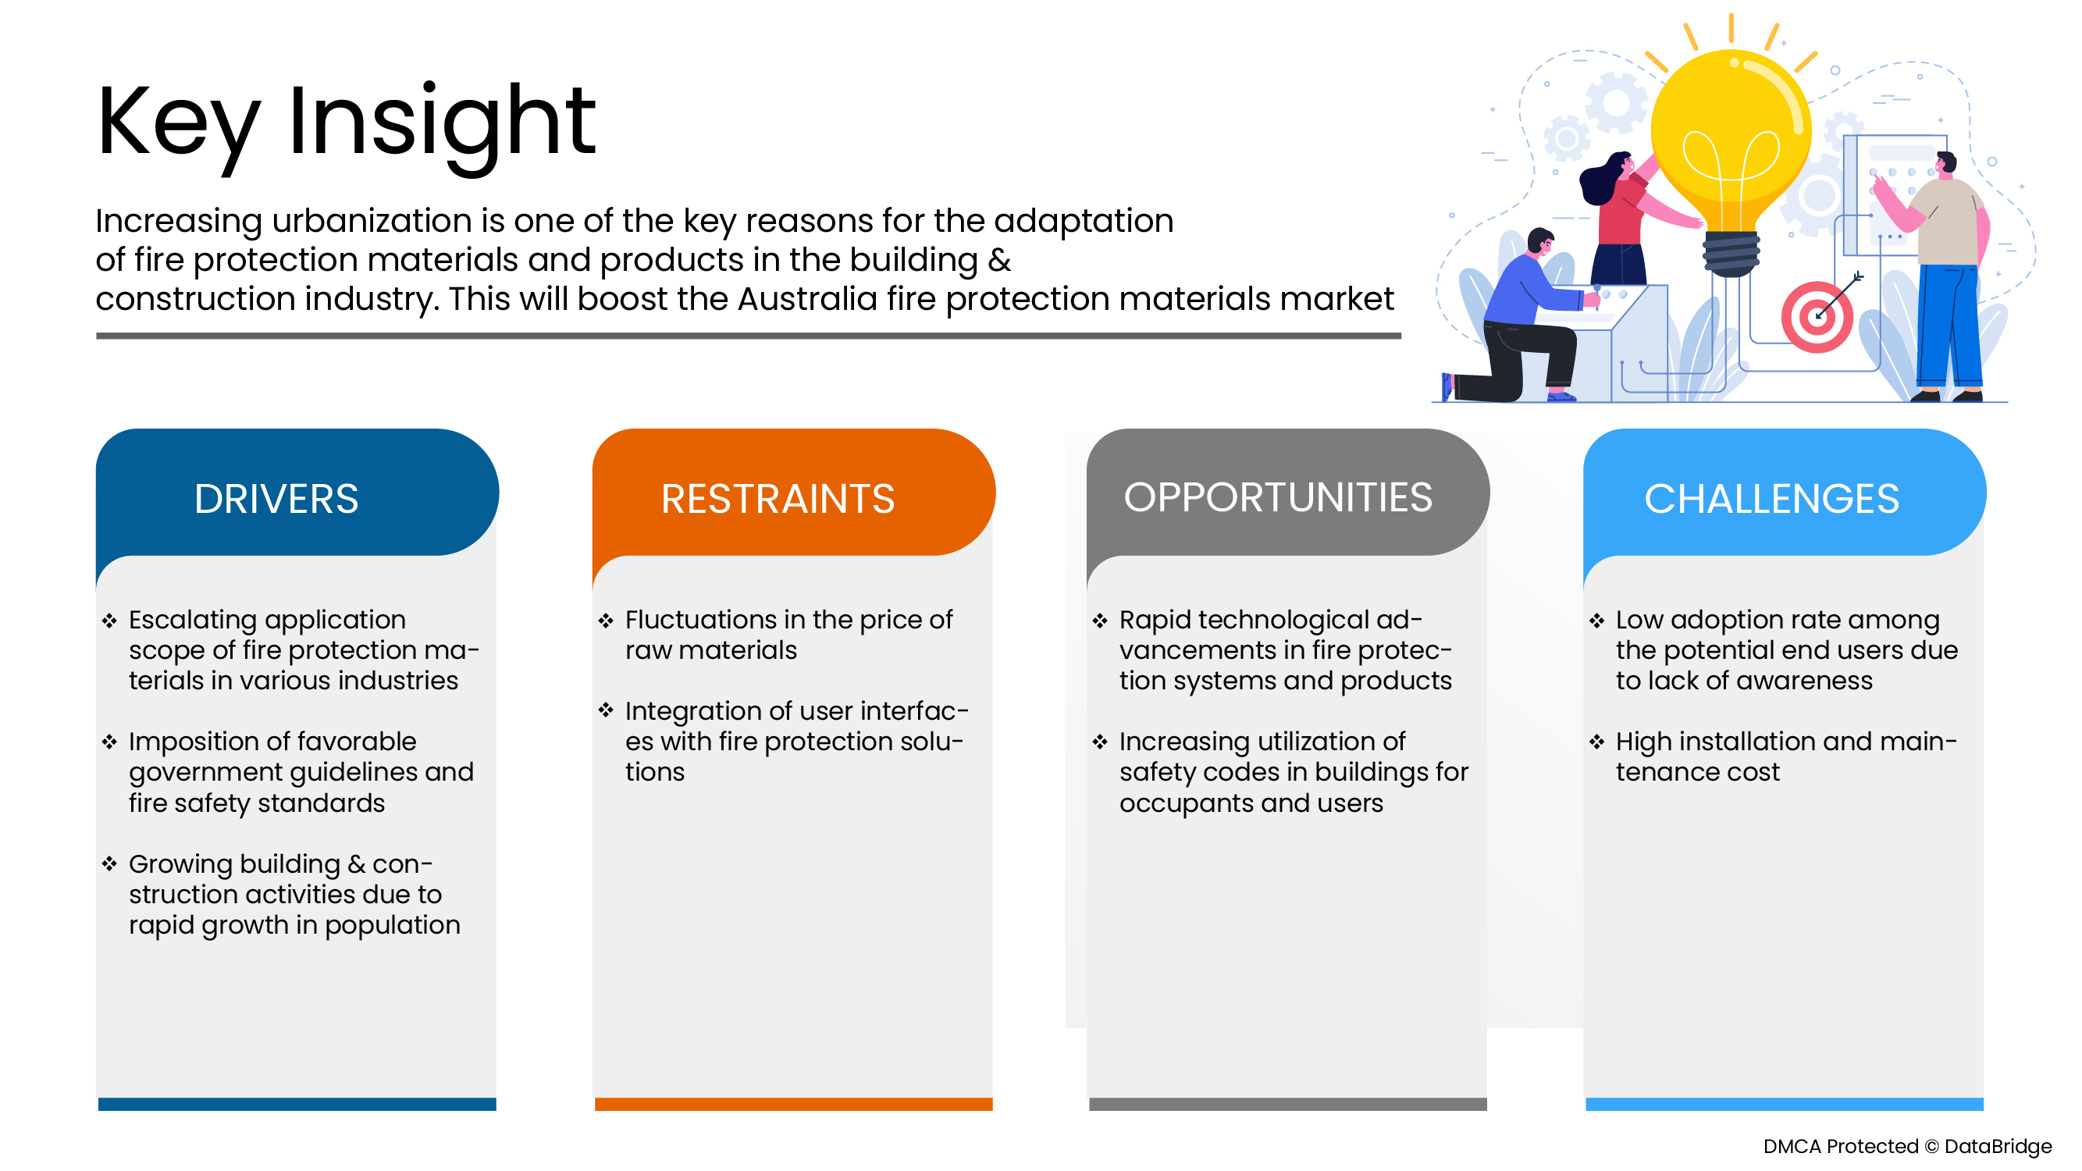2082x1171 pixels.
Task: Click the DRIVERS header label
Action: coord(276,499)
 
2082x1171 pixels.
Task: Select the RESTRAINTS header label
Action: coord(778,499)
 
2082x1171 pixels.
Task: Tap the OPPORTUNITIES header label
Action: coord(1278,497)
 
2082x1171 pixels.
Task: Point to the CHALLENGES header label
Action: coord(1771,499)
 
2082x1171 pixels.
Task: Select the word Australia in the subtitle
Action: coord(807,298)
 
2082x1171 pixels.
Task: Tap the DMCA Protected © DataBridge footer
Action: coord(1907,1146)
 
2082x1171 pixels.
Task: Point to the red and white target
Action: coord(1817,317)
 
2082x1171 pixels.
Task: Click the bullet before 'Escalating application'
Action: coord(109,621)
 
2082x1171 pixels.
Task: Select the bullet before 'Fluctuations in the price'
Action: coord(606,621)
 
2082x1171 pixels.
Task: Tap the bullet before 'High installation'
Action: coord(1596,742)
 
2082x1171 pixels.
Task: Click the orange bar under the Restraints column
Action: coord(794,1104)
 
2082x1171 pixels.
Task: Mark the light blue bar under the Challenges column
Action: coord(1785,1104)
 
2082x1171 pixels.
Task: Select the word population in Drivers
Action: coord(392,926)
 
